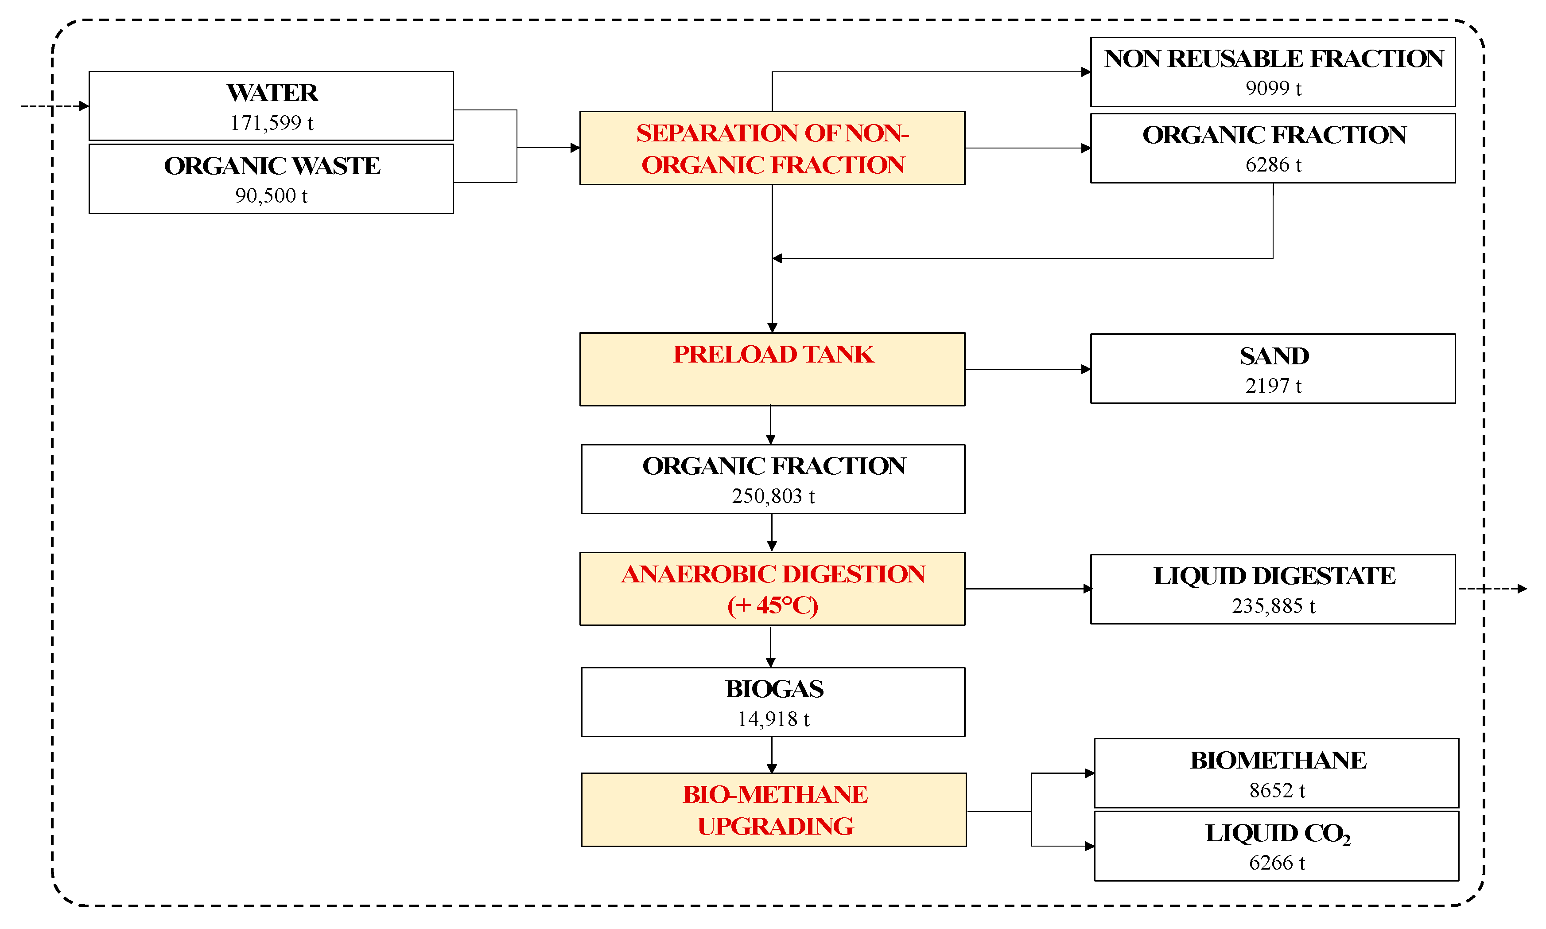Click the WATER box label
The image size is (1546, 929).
(x=272, y=93)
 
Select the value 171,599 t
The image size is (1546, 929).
(x=272, y=123)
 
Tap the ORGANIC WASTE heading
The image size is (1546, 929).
(x=272, y=166)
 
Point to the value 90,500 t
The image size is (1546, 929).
(x=272, y=196)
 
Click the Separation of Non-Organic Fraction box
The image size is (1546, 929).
(x=772, y=148)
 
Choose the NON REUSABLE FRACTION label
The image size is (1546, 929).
(x=1273, y=59)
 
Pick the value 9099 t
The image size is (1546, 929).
(x=1273, y=88)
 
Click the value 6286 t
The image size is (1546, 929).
(x=1273, y=164)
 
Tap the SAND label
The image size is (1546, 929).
(x=1274, y=356)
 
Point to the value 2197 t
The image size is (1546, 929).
(x=1273, y=386)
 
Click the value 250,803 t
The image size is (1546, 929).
(x=773, y=496)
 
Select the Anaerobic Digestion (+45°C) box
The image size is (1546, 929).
(x=772, y=589)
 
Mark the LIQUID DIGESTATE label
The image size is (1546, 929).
(x=1274, y=576)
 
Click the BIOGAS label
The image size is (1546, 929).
(x=774, y=689)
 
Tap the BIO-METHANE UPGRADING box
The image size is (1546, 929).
(x=774, y=810)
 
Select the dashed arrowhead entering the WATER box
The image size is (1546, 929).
(x=84, y=106)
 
